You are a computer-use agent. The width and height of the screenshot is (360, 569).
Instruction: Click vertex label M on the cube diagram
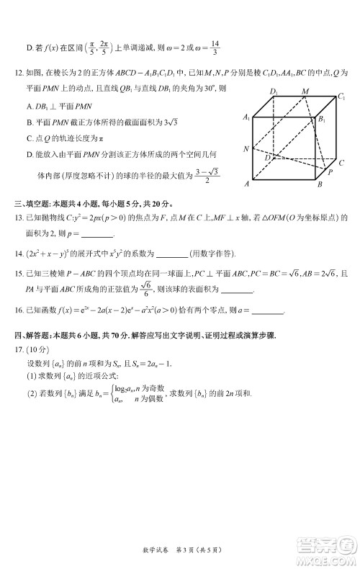305,91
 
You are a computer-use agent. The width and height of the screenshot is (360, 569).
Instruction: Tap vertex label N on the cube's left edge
246,149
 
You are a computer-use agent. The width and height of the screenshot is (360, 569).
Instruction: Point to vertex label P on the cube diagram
330,173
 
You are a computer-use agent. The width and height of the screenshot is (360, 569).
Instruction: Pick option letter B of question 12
29,122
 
